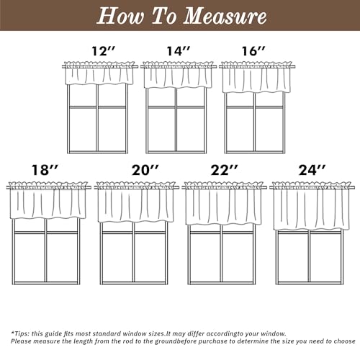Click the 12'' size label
[x=104, y=51]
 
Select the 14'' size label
[x=179, y=51]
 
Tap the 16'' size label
[x=253, y=51]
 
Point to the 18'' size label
[x=45, y=170]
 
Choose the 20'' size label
[x=145, y=170]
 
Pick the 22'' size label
[x=225, y=170]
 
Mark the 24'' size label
[x=312, y=170]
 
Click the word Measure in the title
[x=225, y=16]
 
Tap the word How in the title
[x=120, y=16]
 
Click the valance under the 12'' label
[x=99, y=73]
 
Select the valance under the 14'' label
[x=178, y=75]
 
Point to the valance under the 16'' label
[x=256, y=77]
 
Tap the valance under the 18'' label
[x=48, y=200]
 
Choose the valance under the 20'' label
[x=136, y=202]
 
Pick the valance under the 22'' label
[x=224, y=204]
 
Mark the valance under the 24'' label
[x=312, y=206]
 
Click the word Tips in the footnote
[x=21, y=333]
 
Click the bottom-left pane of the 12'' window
[x=83, y=130]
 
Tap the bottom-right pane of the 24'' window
[x=325, y=257]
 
